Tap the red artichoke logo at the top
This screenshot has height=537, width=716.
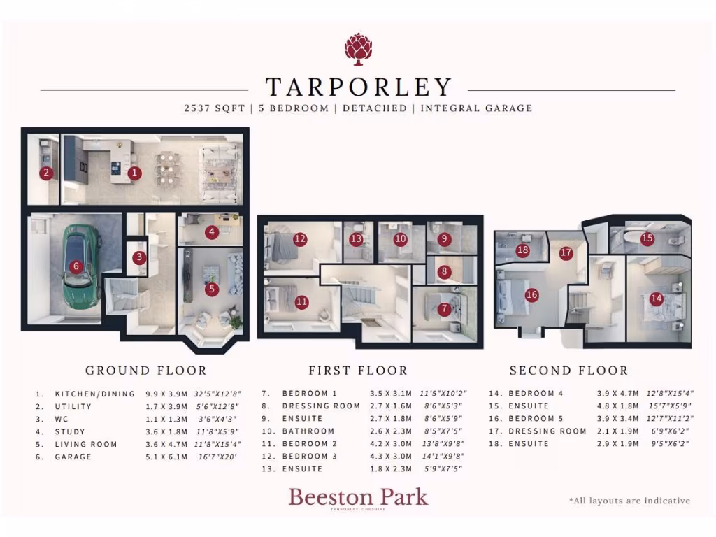click(358, 48)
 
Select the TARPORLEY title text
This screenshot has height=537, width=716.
click(358, 87)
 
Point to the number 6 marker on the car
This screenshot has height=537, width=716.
click(76, 266)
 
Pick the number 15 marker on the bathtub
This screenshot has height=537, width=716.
click(647, 238)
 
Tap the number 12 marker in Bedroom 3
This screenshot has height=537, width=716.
click(300, 239)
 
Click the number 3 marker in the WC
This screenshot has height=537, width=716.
click(140, 257)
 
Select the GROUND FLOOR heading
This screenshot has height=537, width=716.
click(145, 371)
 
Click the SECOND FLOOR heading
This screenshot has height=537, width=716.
click(568, 371)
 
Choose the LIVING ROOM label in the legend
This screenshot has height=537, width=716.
click(86, 444)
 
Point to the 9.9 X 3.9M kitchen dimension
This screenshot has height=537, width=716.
click(167, 394)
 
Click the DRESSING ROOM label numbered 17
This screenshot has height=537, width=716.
click(547, 431)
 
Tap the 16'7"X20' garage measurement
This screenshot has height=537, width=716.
click(219, 457)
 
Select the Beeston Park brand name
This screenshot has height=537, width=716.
click(358, 497)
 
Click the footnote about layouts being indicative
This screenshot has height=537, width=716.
click(629, 501)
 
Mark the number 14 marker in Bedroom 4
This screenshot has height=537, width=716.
click(656, 298)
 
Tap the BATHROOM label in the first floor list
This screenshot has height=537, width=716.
click(308, 431)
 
